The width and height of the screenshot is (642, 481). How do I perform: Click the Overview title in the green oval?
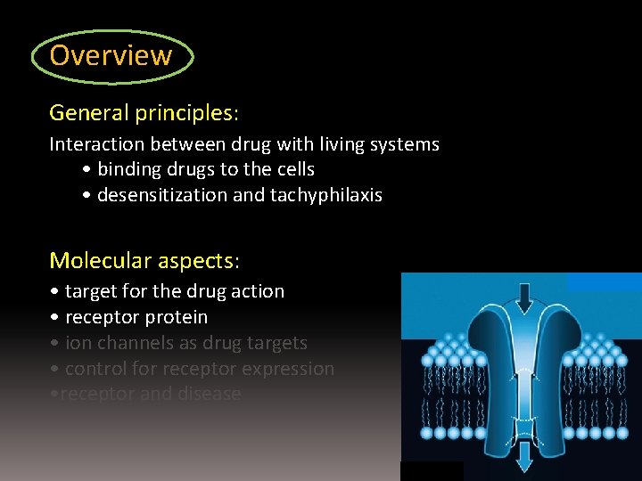click(x=111, y=55)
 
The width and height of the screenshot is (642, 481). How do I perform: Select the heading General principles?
click(x=143, y=113)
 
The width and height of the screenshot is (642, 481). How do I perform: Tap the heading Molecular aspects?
click(x=144, y=260)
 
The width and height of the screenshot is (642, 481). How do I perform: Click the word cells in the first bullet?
click(x=293, y=169)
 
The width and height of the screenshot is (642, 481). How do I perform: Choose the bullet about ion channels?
click(x=178, y=343)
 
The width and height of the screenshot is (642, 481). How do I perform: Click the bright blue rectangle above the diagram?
click(x=604, y=281)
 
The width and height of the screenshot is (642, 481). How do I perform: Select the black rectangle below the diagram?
click(x=432, y=471)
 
